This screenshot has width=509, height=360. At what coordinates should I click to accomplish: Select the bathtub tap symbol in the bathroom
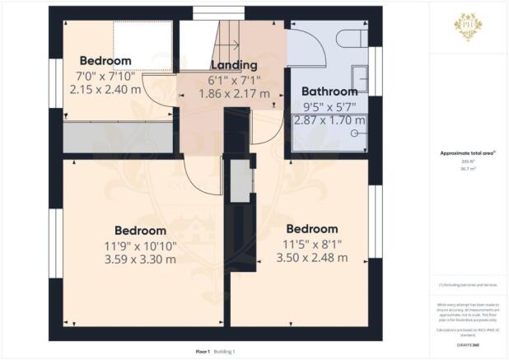355,132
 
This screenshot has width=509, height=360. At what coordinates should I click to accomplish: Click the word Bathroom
329,91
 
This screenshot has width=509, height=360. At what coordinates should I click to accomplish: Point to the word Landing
235,65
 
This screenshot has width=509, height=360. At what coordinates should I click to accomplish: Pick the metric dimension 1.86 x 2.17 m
235,94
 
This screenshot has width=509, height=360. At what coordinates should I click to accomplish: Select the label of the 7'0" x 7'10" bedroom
105,61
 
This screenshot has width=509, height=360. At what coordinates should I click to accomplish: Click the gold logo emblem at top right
468,25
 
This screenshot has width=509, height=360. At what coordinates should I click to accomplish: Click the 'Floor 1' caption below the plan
203,351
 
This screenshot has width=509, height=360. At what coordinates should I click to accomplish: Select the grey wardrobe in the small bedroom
118,137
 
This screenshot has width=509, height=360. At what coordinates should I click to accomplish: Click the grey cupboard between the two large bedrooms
240,181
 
